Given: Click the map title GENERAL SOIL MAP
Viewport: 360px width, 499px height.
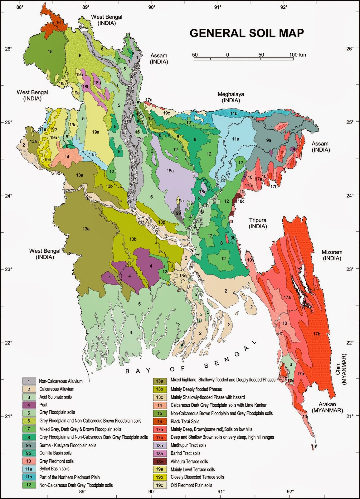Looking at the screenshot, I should [x=246, y=33].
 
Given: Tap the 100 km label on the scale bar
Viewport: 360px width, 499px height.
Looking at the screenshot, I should [x=297, y=55].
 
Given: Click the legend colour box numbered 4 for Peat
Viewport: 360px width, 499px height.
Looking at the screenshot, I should [x=29, y=405].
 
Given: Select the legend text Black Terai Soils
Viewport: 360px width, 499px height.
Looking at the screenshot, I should [x=185, y=421].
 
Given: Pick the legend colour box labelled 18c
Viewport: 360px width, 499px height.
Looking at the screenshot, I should [x=159, y=462].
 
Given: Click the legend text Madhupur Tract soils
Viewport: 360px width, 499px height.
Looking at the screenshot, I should [x=188, y=445].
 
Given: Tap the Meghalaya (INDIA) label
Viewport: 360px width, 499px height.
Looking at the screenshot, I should [x=231, y=97].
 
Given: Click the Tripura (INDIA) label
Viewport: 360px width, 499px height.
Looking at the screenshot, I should [x=258, y=223].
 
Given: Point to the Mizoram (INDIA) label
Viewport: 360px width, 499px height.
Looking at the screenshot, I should [x=332, y=255].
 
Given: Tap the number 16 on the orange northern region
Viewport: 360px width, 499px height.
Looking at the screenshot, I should [x=58, y=23].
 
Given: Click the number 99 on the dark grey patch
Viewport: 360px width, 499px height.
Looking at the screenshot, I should [x=178, y=213].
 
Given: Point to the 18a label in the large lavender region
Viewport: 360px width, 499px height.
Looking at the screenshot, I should [x=170, y=171].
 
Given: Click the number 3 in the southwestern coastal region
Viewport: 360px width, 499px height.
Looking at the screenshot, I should [x=131, y=332].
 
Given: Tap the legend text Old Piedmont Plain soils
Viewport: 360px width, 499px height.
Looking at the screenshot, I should [x=191, y=485].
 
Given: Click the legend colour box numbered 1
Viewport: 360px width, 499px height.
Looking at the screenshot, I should [x=29, y=381].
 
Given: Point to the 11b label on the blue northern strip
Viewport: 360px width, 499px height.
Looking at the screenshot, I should [x=234, y=114].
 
